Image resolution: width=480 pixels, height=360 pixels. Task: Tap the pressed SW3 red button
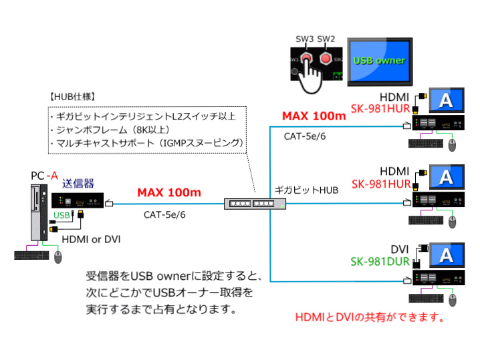pyautogui.click(x=306, y=58)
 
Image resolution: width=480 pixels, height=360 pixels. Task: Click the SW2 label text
pyautogui.click(x=326, y=39)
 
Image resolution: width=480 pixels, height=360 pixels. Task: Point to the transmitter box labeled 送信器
pyautogui.click(x=78, y=200)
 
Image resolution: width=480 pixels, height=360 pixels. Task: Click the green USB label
pyautogui.click(x=62, y=215)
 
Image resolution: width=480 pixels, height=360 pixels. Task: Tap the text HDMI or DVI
pyautogui.click(x=91, y=238)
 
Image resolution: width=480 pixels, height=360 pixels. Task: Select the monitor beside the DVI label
pyautogui.click(x=446, y=255)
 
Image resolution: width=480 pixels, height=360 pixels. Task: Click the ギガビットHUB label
pyautogui.click(x=307, y=190)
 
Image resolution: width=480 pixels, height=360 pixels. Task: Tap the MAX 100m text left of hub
pyautogui.click(x=168, y=193)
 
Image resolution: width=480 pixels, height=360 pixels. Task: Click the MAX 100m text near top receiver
pyautogui.click(x=314, y=116)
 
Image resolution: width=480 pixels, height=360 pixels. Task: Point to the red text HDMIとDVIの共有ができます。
pyautogui.click(x=370, y=317)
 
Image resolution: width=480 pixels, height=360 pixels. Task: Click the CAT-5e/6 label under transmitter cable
pyautogui.click(x=164, y=214)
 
